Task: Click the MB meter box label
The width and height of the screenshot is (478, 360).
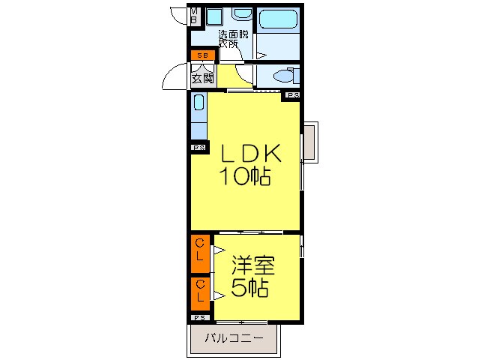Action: point(194,16)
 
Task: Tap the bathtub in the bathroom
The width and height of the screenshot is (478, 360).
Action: point(278,19)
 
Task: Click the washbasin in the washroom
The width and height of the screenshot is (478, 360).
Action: point(242,13)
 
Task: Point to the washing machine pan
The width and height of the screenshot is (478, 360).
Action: point(214,16)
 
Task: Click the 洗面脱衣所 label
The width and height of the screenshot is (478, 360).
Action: point(233,39)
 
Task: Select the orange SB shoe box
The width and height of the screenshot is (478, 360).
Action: point(203,55)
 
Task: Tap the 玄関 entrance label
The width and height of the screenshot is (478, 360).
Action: point(202,79)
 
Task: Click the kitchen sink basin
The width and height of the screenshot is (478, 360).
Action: point(199,103)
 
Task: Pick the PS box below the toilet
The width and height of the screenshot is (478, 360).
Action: point(293,95)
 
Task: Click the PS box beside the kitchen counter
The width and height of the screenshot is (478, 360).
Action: point(199,148)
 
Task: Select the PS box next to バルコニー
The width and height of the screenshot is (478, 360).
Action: point(200,318)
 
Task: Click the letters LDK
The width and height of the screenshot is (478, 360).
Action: point(250,154)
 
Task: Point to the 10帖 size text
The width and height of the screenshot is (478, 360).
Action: point(245,176)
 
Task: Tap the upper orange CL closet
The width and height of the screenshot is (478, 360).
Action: point(200,253)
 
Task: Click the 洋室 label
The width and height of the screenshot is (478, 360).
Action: point(253,265)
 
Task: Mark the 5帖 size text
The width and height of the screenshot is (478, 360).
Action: point(249,288)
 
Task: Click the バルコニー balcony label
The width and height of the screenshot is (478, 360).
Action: point(234,338)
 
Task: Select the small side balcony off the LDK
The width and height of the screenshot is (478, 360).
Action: point(311,142)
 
